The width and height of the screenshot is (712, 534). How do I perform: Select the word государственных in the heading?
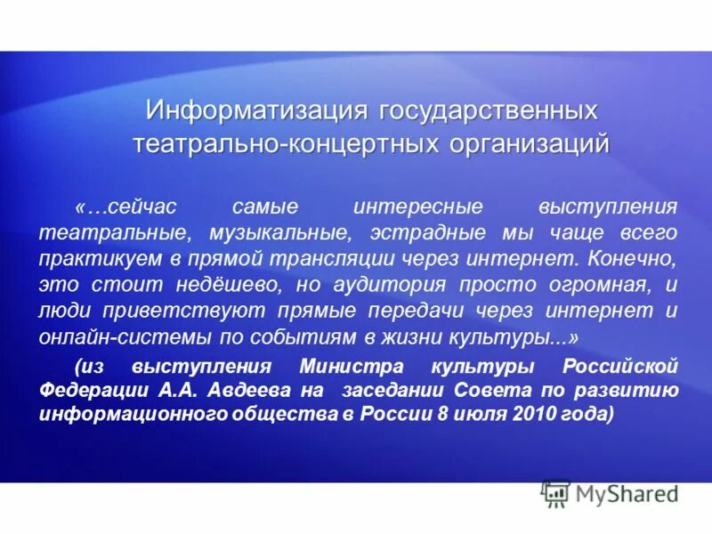click(x=489, y=112)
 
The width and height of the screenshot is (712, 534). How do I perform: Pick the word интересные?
click(x=417, y=206)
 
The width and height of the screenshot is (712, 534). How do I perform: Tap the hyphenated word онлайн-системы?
click(x=103, y=337)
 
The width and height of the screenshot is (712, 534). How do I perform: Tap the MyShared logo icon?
click(x=556, y=492)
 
